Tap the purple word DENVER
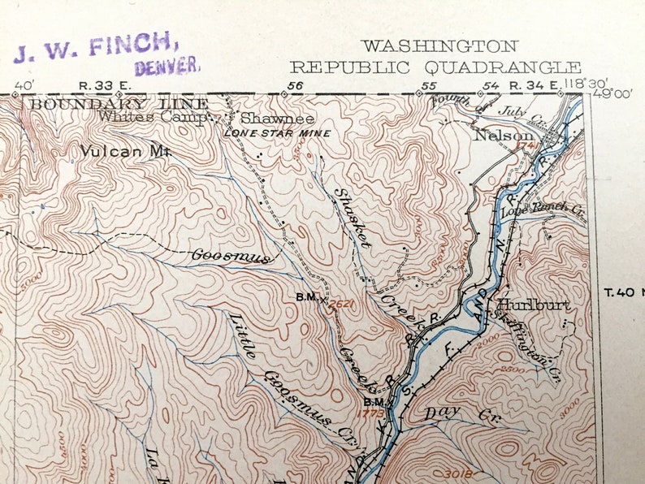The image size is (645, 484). tap(167, 67)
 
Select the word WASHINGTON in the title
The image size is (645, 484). tap(439, 46)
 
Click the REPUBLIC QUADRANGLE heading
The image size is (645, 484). tap(435, 67)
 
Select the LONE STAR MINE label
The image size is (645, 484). tap(277, 133)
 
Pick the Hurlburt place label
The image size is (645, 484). tap(533, 305)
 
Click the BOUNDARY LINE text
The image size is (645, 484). tap(119, 104)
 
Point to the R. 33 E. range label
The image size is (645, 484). tap(100, 84)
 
